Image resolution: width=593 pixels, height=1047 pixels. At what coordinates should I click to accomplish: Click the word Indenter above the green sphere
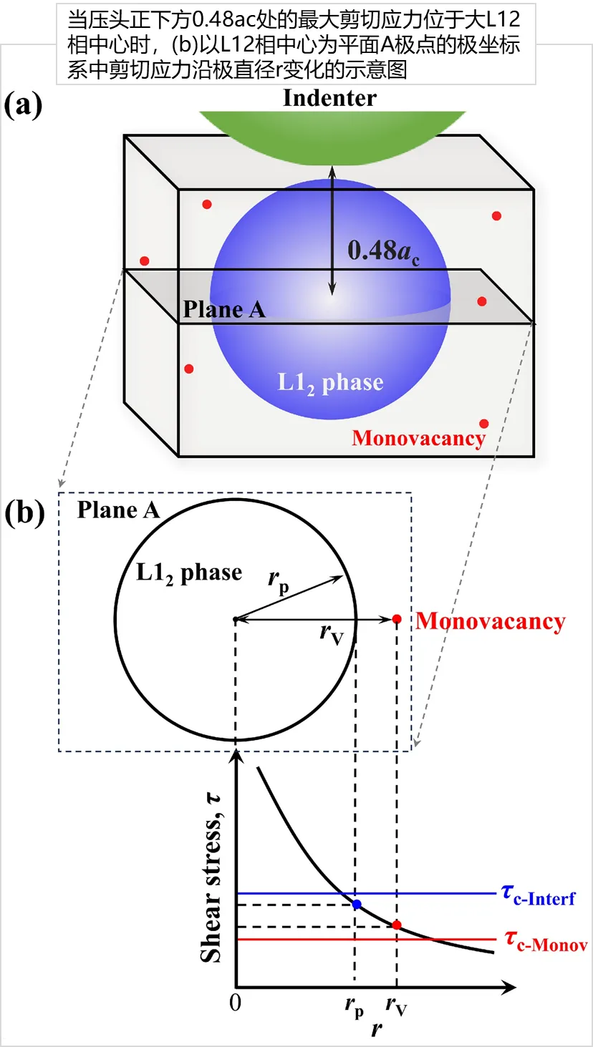click(329, 97)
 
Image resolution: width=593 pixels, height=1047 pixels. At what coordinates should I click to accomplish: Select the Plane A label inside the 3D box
click(224, 309)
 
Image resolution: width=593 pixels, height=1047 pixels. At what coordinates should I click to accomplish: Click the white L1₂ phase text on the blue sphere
click(330, 383)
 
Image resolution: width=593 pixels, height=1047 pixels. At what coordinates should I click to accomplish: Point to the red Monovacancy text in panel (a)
click(418, 437)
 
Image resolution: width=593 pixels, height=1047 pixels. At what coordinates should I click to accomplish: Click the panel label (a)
click(23, 106)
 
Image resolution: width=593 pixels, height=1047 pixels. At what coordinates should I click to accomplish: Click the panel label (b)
click(24, 513)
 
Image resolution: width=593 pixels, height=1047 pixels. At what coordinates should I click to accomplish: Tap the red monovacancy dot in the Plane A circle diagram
click(397, 618)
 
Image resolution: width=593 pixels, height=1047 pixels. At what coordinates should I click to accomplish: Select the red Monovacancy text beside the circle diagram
click(491, 620)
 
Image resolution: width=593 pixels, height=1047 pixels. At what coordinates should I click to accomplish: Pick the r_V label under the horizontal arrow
click(332, 633)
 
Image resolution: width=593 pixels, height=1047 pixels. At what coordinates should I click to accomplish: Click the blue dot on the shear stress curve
click(357, 905)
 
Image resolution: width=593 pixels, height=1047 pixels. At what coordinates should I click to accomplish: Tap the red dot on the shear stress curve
click(397, 925)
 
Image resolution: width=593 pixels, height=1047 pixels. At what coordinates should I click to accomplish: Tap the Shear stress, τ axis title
click(211, 880)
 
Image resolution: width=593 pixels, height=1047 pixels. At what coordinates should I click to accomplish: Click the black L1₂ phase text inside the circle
click(189, 573)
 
